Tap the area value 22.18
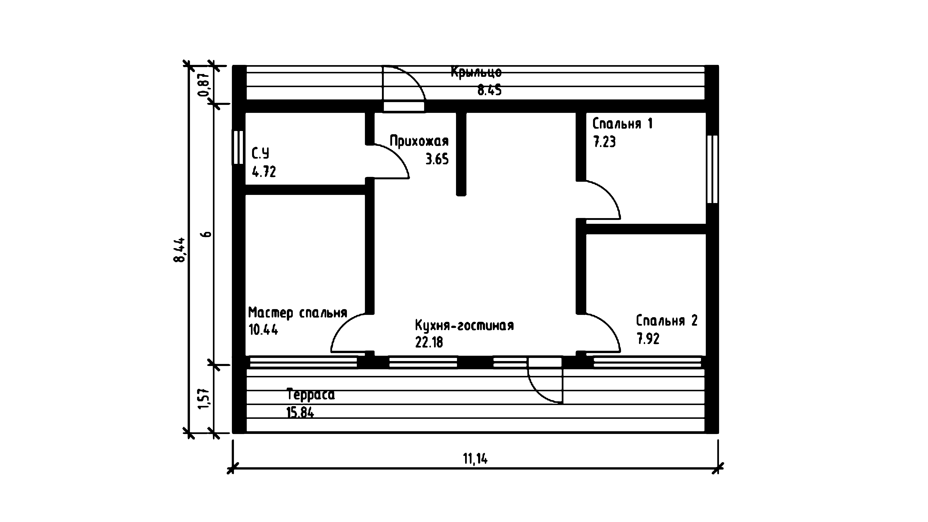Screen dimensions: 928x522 point(429,342)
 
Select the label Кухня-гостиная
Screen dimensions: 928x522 point(464,325)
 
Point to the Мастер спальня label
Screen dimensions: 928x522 point(298,313)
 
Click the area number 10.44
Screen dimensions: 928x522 point(263,330)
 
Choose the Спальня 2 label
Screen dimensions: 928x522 point(667,320)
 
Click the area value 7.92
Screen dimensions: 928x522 point(648,339)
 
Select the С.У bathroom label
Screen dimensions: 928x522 point(260,153)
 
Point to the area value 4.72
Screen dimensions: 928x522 point(264,171)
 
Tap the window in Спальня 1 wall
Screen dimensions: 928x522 point(712,169)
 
